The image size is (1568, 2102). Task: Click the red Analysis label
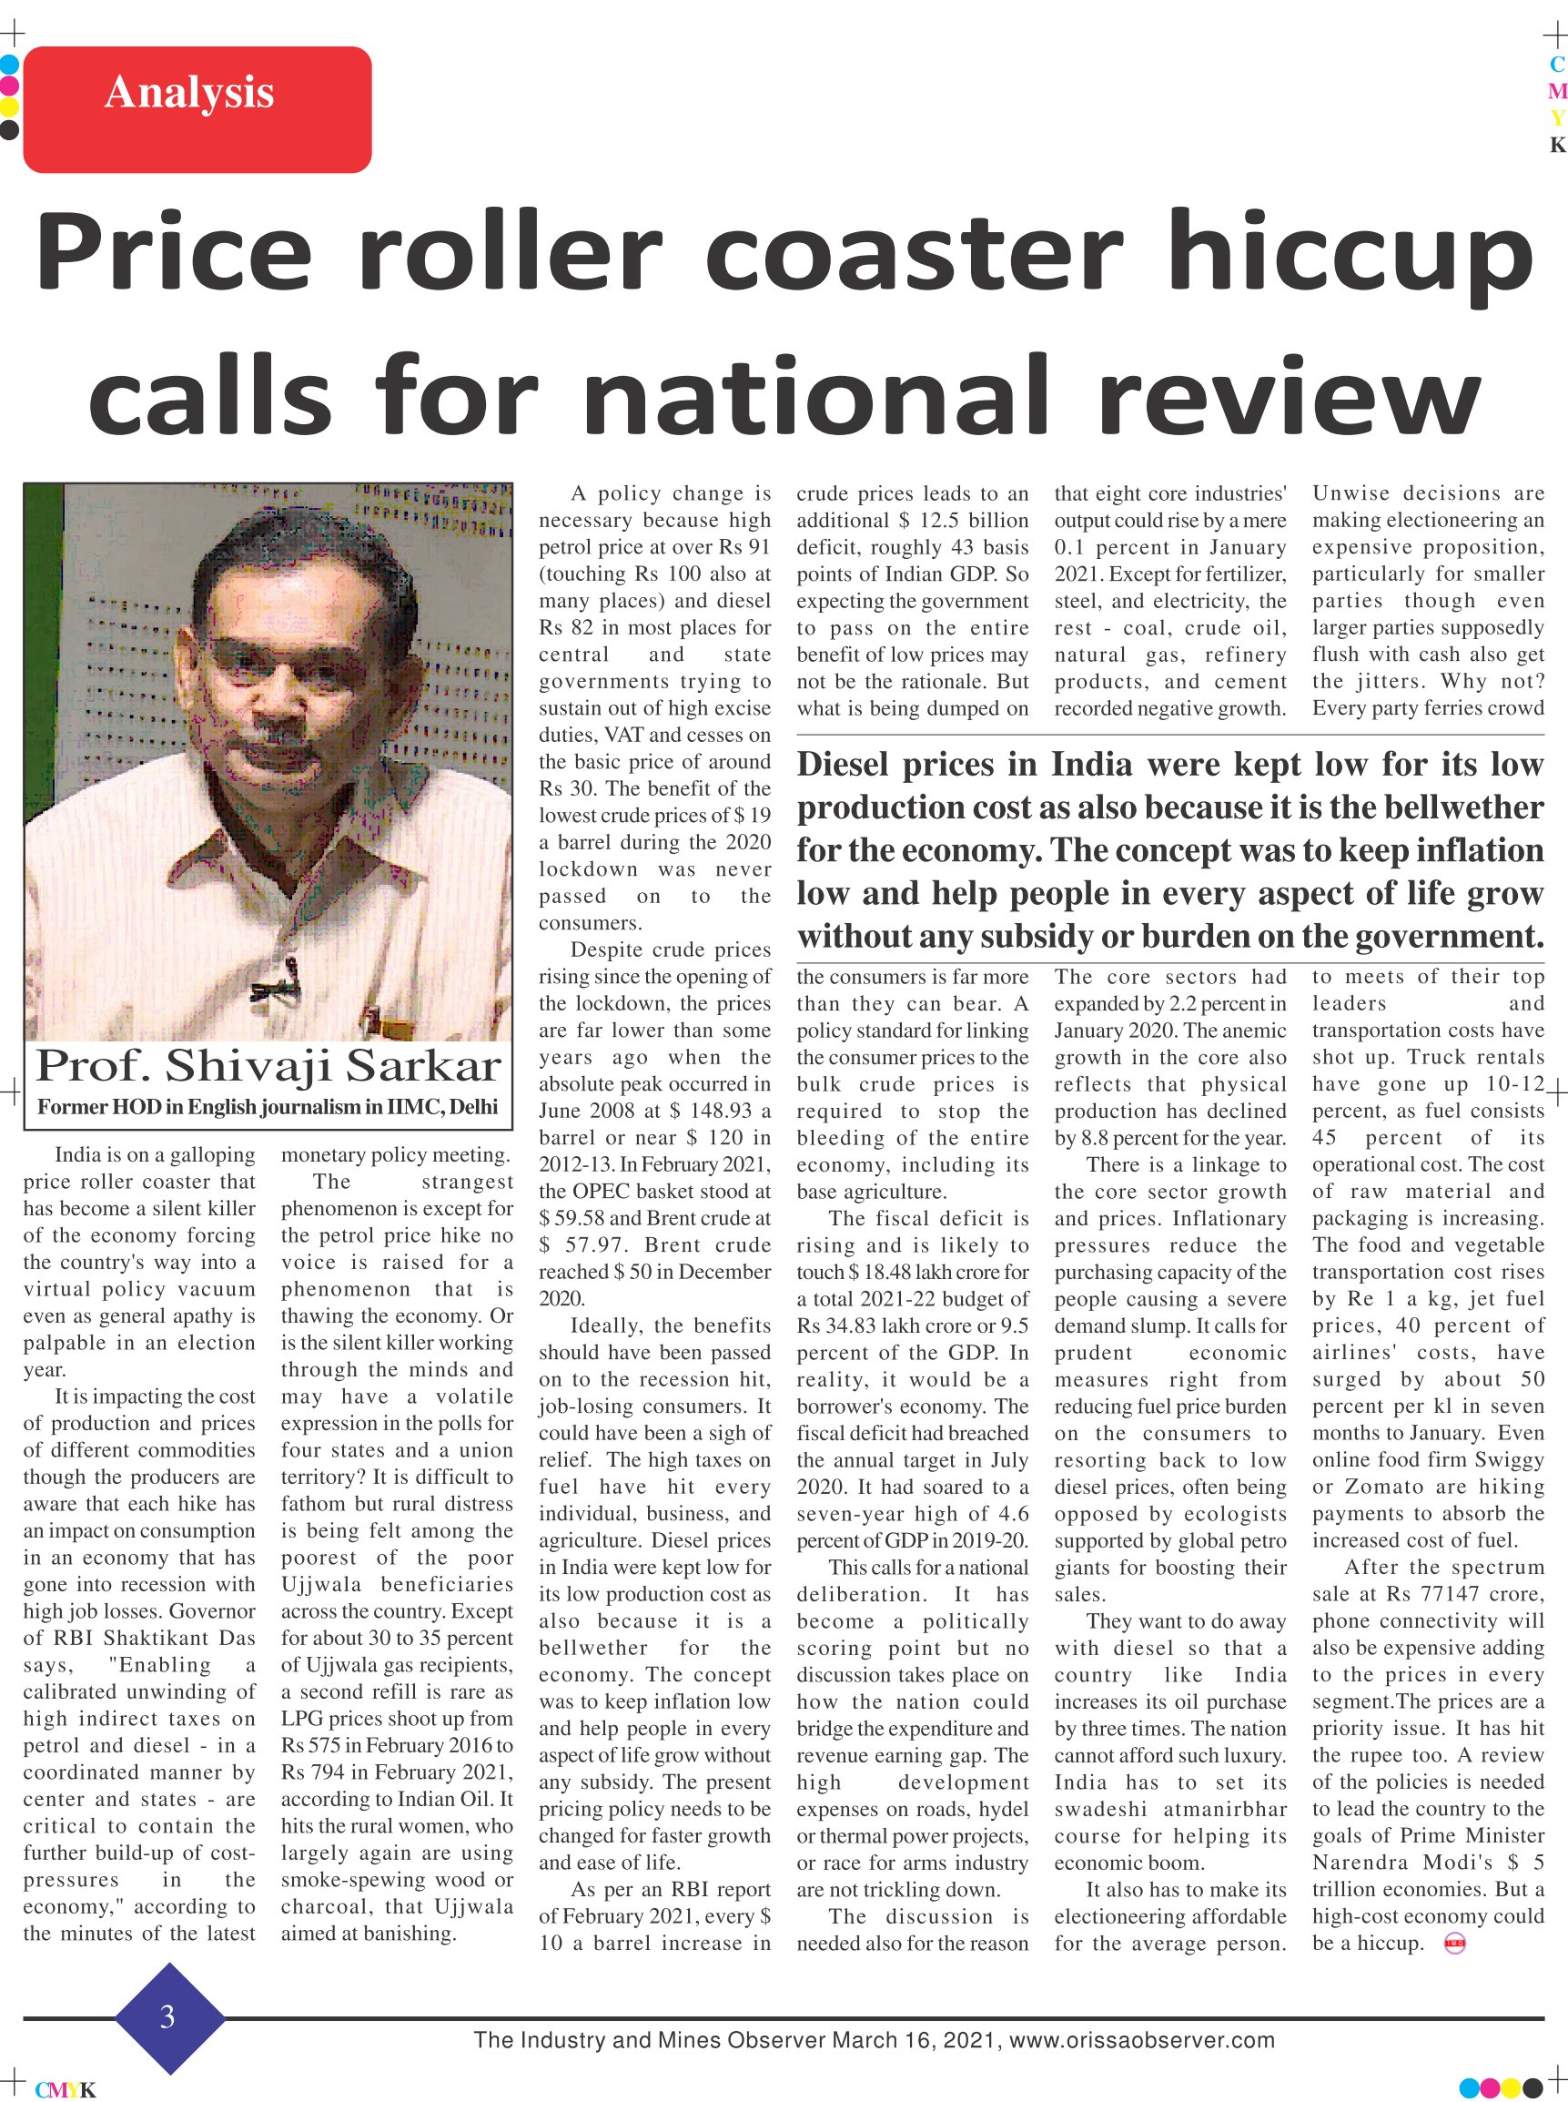(x=197, y=109)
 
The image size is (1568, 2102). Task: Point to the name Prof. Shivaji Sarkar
(x=268, y=1066)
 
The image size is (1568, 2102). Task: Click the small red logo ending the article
(x=1454, y=1944)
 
